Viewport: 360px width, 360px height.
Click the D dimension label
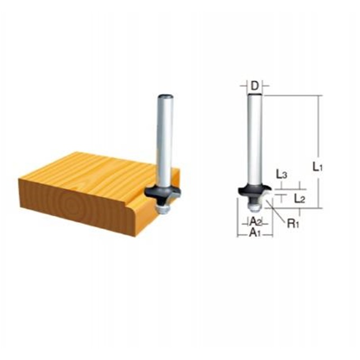pos(254,86)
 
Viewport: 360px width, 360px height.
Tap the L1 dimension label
pos(318,167)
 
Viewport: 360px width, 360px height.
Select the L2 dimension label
pos(300,199)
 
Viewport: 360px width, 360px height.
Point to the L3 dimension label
pos(281,175)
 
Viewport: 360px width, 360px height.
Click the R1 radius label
pos(293,223)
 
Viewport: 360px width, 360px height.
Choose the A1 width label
pos(255,233)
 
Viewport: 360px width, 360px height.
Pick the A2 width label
pos(255,221)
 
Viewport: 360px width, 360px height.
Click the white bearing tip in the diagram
pos(254,207)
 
